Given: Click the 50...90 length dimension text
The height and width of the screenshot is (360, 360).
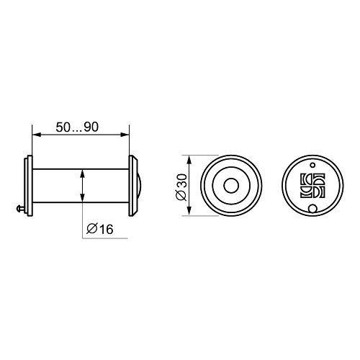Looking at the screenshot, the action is [77, 127].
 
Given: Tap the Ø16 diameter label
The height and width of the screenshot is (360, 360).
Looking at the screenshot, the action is [99, 229].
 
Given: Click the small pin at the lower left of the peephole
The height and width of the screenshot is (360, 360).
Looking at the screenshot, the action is [20, 209].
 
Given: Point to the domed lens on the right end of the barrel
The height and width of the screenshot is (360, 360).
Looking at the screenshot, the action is [139, 186].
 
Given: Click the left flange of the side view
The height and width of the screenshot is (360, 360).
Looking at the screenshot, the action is [29, 186].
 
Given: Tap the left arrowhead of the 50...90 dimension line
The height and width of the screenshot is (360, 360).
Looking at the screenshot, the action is [36, 135].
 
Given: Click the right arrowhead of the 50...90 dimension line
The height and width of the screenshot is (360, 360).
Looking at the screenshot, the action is [125, 135].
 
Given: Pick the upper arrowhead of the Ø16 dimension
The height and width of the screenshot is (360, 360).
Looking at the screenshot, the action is [82, 174].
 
